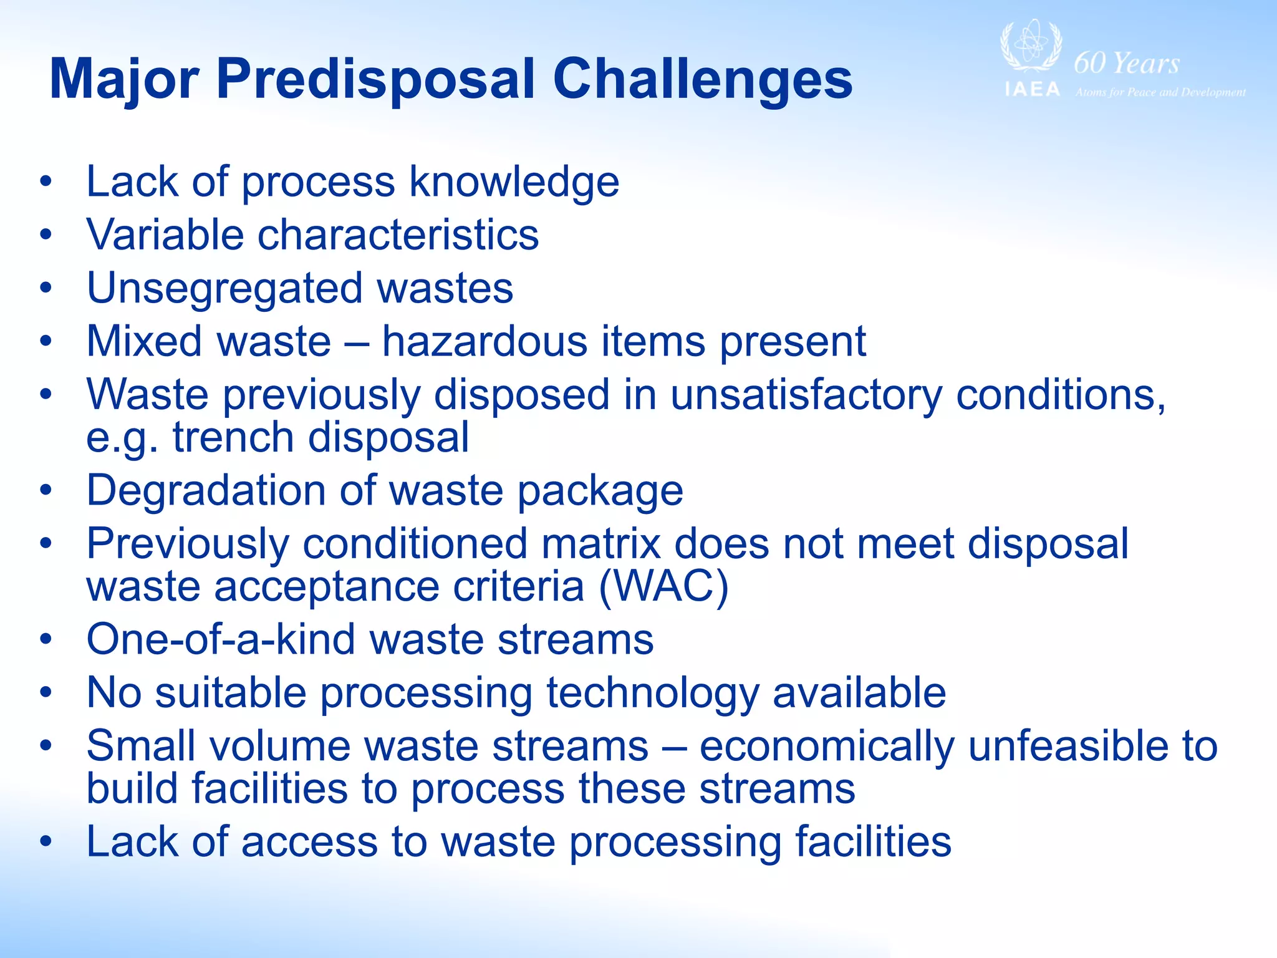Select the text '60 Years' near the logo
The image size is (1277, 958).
(1126, 63)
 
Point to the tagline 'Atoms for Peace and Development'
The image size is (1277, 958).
(1160, 92)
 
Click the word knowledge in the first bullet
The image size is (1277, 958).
(514, 182)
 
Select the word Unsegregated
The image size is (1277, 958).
(224, 289)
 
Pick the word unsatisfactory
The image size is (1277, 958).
(806, 395)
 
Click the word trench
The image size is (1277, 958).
(233, 437)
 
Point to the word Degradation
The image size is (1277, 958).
(206, 491)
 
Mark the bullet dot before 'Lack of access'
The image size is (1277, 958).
(46, 842)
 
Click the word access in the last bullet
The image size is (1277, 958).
(309, 842)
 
